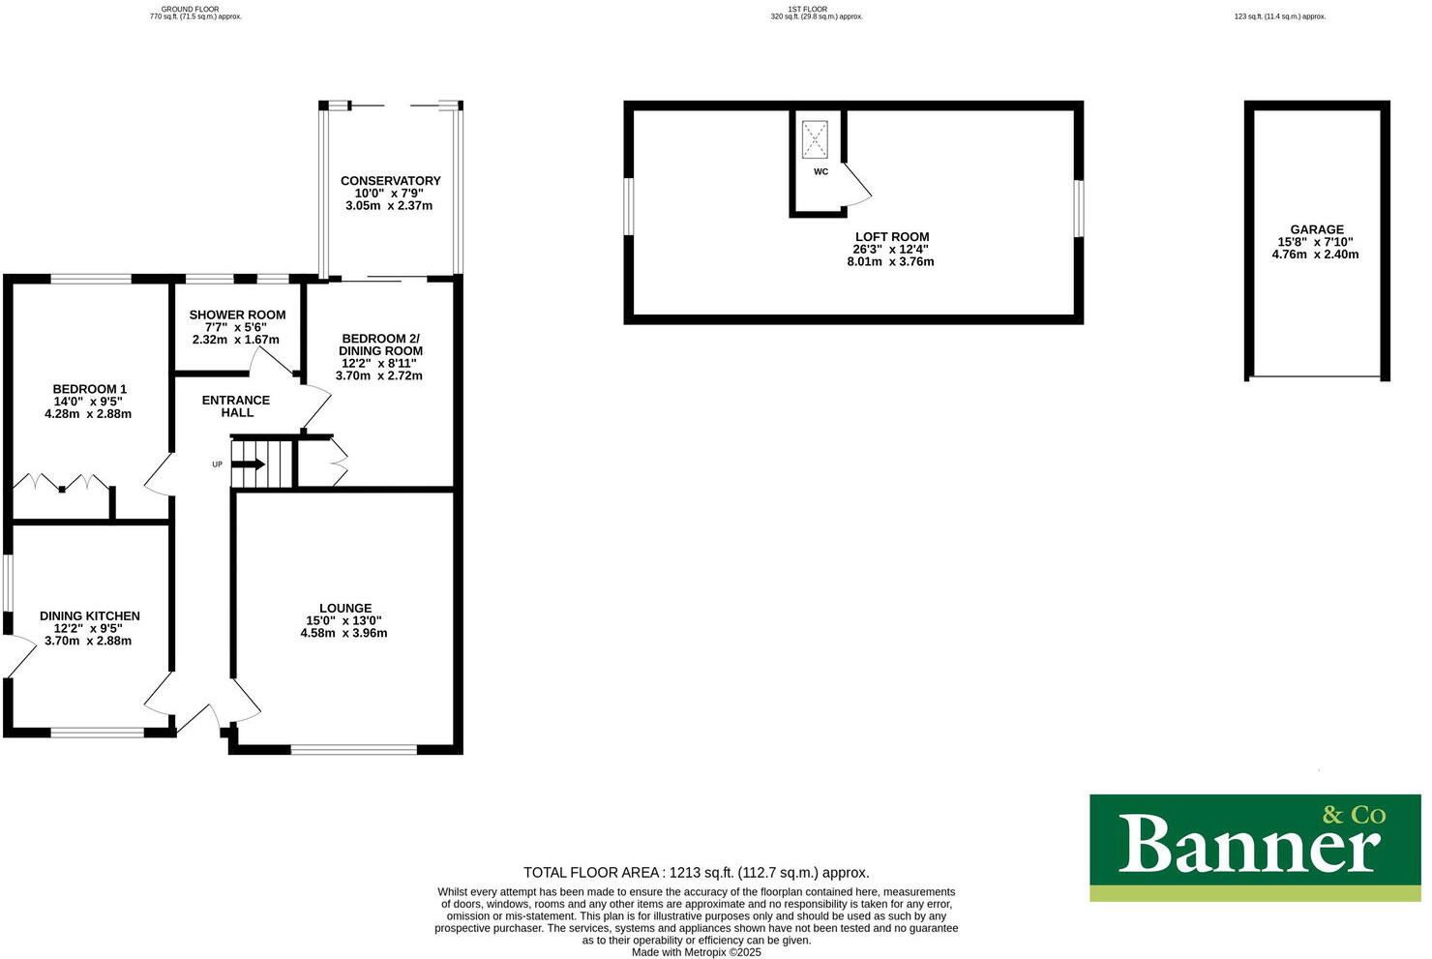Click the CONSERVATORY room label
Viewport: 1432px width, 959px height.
click(390, 181)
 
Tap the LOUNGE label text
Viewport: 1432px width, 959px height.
click(345, 609)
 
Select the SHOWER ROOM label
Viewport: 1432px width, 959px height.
click(237, 315)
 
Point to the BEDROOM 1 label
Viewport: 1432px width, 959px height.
click(90, 389)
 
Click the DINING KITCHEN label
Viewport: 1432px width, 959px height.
click(90, 615)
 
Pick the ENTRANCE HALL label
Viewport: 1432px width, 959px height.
click(236, 406)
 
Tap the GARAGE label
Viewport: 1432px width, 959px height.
click(1316, 229)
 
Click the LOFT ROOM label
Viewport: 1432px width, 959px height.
click(891, 237)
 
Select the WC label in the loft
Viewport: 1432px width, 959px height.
click(820, 172)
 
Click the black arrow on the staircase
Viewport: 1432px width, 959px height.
click(249, 465)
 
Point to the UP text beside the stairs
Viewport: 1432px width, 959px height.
click(217, 465)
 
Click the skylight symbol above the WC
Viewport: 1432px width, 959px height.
click(816, 139)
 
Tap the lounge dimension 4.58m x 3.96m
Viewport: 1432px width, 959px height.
click(343, 634)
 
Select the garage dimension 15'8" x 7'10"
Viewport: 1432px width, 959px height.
click(1316, 242)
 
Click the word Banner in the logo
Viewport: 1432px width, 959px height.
click(1248, 844)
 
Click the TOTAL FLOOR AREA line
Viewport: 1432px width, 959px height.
click(697, 872)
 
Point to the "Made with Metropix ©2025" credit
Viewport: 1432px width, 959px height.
click(697, 952)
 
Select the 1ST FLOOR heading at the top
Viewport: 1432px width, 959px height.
click(807, 9)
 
